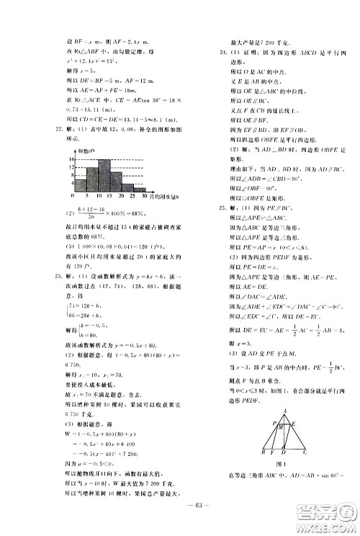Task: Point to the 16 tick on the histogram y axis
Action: point(62,158)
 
